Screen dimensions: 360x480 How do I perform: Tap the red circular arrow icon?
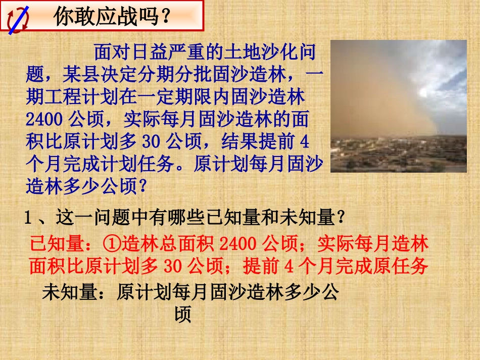click(19, 19)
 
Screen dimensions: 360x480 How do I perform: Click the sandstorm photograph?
click(398, 106)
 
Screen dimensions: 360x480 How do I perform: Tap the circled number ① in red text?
click(111, 244)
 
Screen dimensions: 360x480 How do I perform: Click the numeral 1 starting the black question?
click(28, 218)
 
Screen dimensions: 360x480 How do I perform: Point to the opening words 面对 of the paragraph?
click(106, 52)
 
